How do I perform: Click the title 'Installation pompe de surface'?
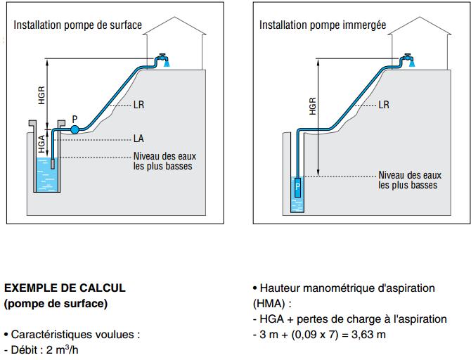coord(77,25)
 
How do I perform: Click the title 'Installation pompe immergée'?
coord(323,25)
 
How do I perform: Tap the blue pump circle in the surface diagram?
coord(75,129)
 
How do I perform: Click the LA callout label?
coord(139,139)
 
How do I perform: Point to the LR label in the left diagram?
coord(139,105)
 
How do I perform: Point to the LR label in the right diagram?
coord(384,105)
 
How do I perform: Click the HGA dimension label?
coord(41,143)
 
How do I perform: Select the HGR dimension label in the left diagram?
coord(41,95)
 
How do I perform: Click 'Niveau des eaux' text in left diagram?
coord(162,156)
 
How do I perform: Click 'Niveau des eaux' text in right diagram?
coord(409,175)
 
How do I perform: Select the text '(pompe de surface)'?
coord(56,304)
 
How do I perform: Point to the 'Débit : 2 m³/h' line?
coord(41,349)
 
